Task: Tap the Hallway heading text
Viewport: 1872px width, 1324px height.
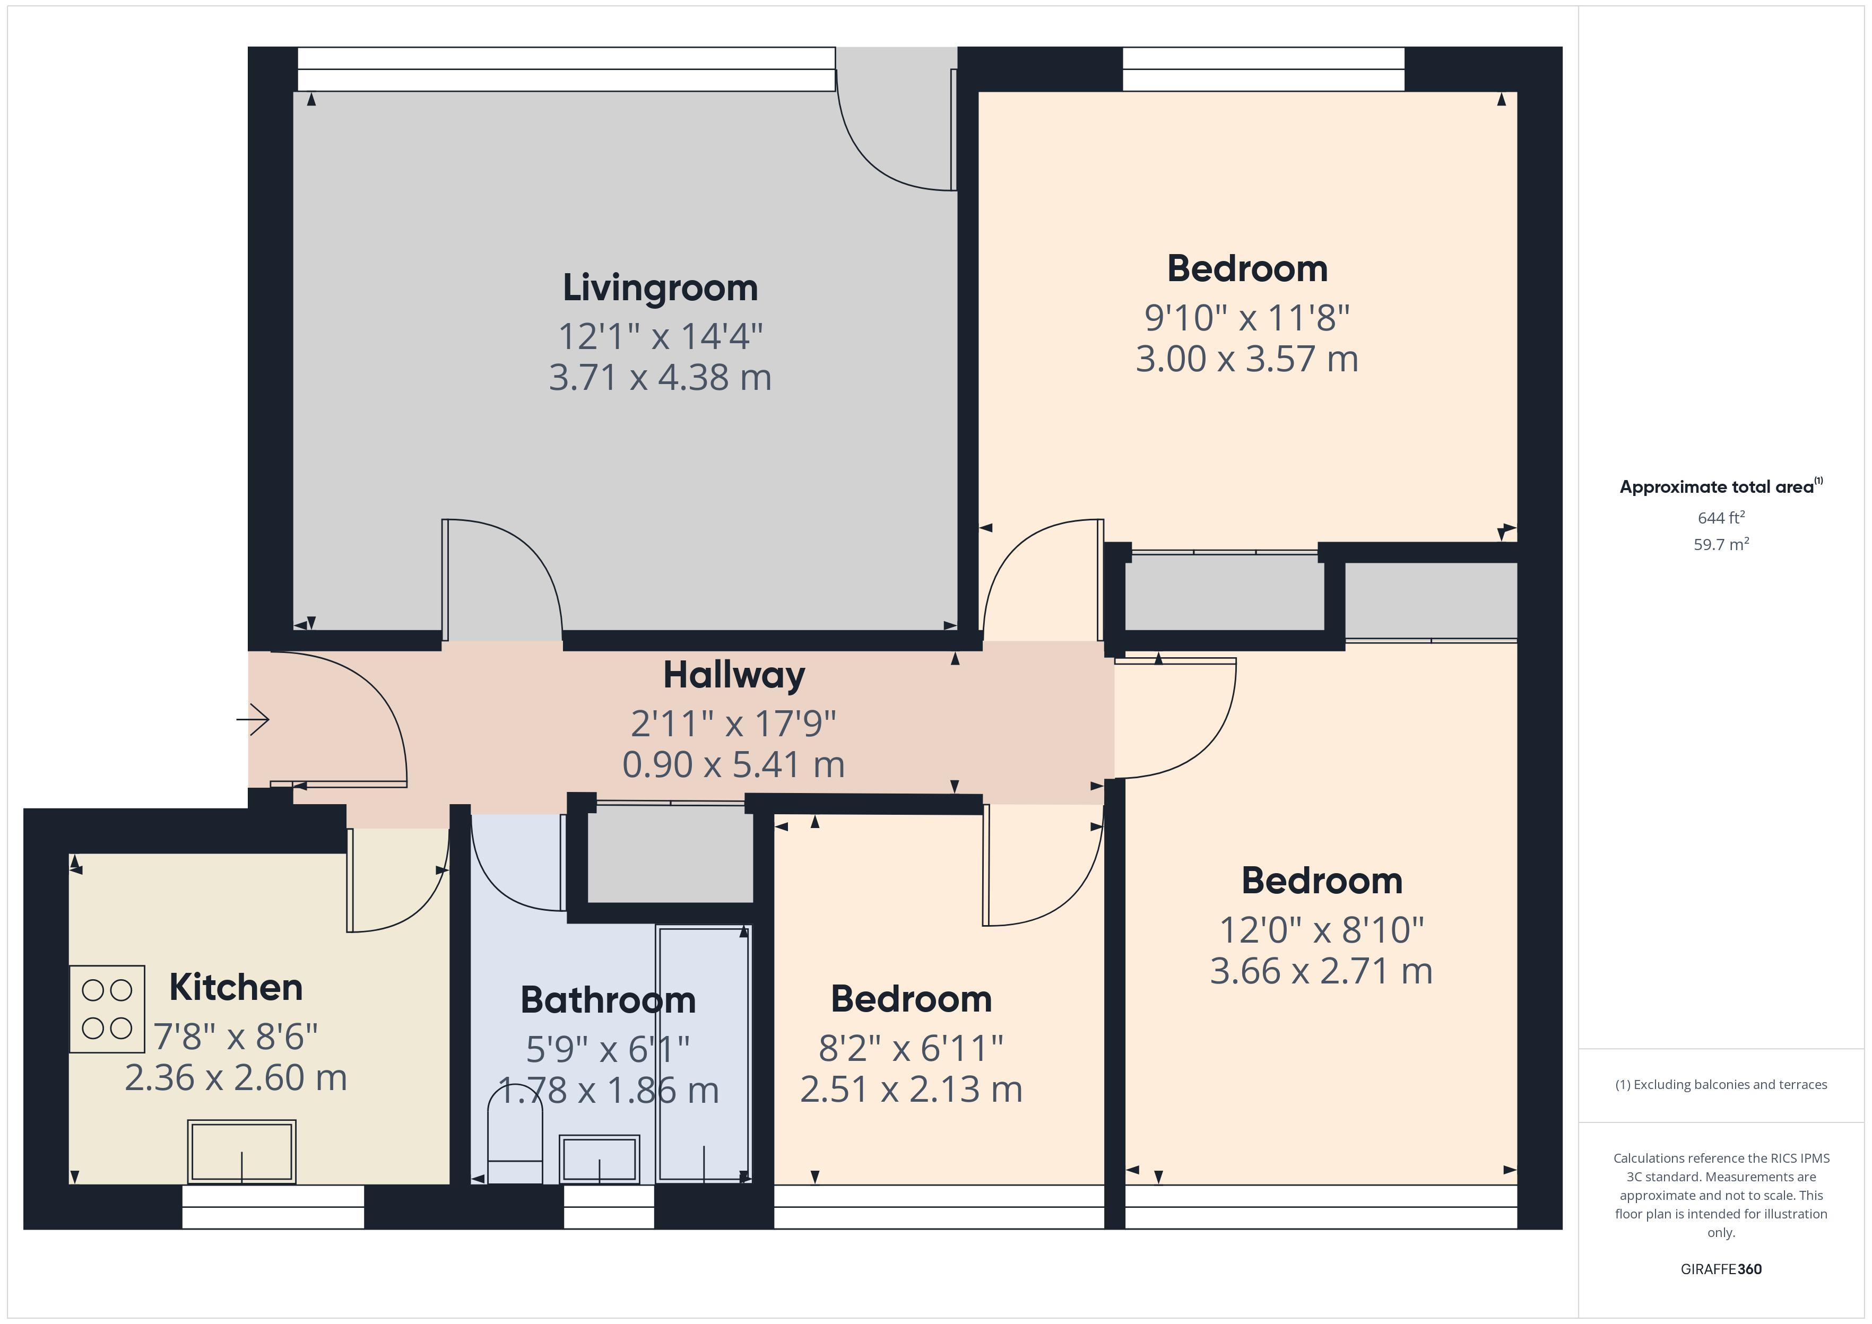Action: pos(734,675)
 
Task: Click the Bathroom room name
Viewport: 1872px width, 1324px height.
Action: pos(608,1000)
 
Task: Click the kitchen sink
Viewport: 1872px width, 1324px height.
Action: pos(241,1151)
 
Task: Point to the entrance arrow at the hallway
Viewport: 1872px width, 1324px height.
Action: pos(254,719)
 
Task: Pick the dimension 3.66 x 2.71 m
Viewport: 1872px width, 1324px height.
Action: pos(1321,971)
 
